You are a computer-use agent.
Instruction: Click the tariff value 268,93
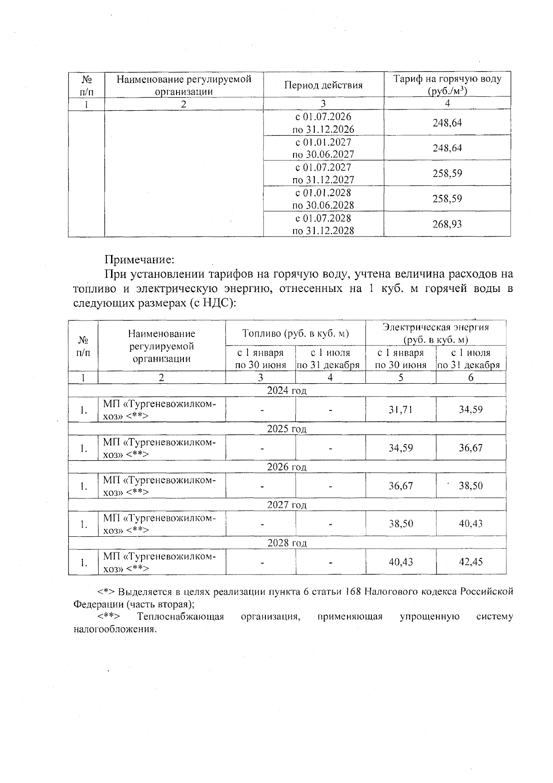(447, 224)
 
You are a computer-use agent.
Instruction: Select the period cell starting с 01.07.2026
(323, 123)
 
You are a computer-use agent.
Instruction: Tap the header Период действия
(323, 85)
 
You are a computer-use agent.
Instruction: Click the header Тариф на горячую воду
(447, 79)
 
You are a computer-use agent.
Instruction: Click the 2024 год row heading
(287, 391)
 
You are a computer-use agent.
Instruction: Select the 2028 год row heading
(287, 543)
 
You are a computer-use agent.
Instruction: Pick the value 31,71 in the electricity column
(400, 409)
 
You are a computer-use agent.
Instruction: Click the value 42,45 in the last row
(471, 562)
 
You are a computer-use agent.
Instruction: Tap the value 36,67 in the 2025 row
(471, 448)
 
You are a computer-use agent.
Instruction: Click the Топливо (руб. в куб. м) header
(295, 333)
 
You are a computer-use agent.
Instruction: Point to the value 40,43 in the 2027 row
(471, 524)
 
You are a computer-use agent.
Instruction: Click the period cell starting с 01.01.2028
(323, 199)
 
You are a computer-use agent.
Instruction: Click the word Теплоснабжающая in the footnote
(180, 617)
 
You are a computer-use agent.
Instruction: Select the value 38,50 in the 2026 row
(471, 486)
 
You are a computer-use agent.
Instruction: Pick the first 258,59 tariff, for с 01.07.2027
(447, 173)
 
